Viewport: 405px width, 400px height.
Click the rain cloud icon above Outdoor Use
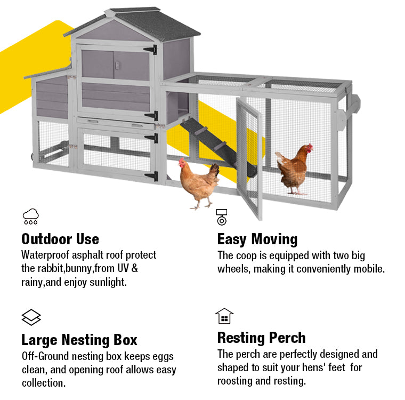(x=31, y=217)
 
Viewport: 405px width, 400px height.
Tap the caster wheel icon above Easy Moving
(x=222, y=217)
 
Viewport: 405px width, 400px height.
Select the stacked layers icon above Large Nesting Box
(x=31, y=317)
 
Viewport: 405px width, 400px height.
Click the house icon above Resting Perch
(x=224, y=316)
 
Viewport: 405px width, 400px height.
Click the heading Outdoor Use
(x=60, y=239)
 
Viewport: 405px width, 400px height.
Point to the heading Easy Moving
(x=257, y=239)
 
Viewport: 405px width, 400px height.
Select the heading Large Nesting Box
(x=79, y=340)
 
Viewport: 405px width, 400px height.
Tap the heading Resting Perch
(x=262, y=338)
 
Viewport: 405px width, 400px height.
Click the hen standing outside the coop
(x=199, y=183)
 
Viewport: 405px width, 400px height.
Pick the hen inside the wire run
(x=295, y=169)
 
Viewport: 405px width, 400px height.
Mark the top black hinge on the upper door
(x=151, y=50)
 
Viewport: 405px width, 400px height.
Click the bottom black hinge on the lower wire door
(x=152, y=176)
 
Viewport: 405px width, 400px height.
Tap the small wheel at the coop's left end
(x=33, y=156)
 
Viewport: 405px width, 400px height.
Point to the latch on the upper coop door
(x=117, y=65)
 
